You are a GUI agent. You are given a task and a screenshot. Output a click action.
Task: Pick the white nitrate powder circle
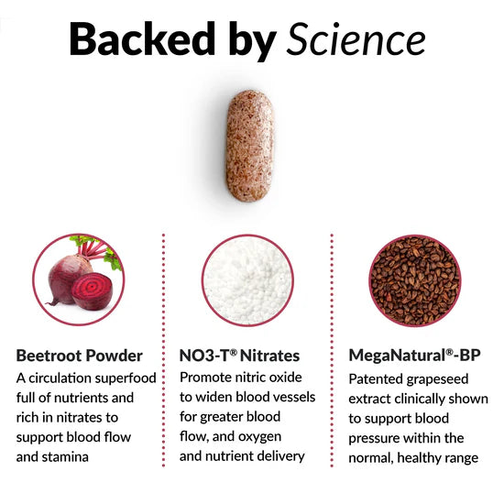[x=247, y=280]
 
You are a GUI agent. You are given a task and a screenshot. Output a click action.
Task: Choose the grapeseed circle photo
[x=415, y=280]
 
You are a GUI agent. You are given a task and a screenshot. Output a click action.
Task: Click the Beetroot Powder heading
[x=80, y=355]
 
